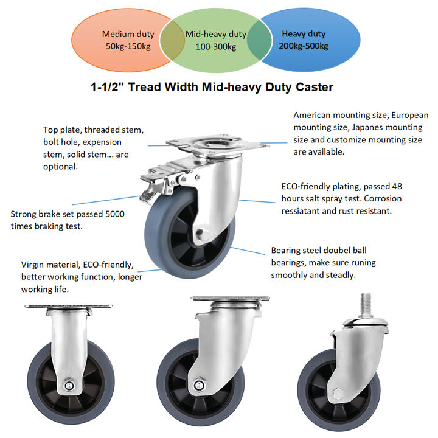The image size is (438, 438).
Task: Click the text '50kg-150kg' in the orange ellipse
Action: coord(128,46)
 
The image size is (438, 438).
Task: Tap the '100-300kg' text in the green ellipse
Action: coord(215,47)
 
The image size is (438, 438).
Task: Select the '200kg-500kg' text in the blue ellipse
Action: coord(304,46)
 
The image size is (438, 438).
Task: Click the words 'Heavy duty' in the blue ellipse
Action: coord(304,34)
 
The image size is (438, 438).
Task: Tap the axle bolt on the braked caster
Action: coord(202,234)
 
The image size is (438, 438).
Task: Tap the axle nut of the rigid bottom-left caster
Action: coord(69,386)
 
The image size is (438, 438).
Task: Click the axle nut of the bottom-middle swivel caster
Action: coord(199,386)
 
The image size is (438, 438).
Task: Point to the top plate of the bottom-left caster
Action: coord(69,307)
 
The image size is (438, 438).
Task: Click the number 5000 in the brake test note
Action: coord(115,214)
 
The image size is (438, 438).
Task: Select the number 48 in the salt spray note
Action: coord(397,186)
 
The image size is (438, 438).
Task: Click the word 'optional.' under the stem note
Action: coord(60,167)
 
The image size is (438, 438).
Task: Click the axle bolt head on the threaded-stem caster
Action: coord(338,394)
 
